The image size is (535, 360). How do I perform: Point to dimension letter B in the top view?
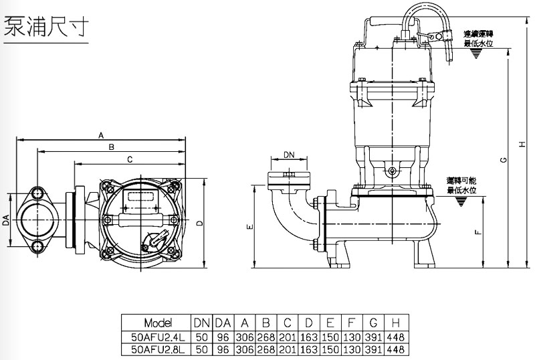click(x=111, y=147)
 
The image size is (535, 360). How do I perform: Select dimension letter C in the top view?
click(x=129, y=159)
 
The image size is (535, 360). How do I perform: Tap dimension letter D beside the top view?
click(x=199, y=223)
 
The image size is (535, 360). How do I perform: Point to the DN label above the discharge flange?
click(x=289, y=155)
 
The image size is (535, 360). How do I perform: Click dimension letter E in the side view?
click(x=249, y=228)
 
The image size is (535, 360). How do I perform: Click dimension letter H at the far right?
click(x=523, y=143)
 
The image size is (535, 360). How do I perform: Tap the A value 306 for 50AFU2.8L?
click(x=245, y=349)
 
